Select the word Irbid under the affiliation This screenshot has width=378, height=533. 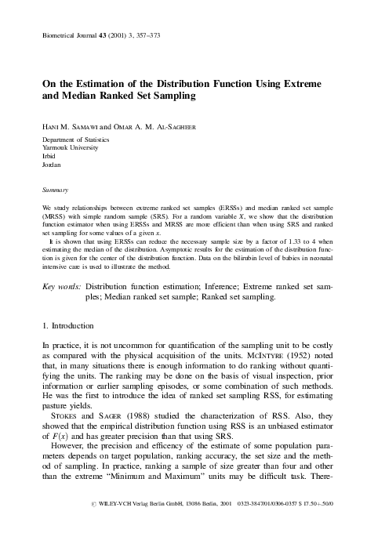point(50,158)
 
